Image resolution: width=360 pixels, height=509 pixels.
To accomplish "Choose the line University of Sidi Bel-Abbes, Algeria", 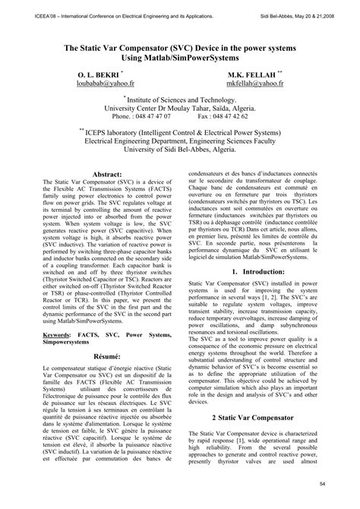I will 180,150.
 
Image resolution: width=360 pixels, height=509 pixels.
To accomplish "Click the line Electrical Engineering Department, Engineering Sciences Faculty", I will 180,141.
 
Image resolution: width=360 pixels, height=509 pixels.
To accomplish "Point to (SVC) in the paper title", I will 176,46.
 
